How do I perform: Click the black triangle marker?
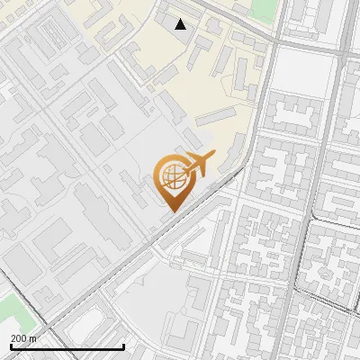point(181,24)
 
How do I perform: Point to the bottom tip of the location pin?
point(170,211)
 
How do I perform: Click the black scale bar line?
point(67,347)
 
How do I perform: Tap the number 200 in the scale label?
point(18,338)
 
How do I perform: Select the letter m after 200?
point(32,338)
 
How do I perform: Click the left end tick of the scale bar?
point(10,346)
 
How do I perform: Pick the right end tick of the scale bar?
point(123,346)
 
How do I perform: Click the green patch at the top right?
point(263,9)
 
